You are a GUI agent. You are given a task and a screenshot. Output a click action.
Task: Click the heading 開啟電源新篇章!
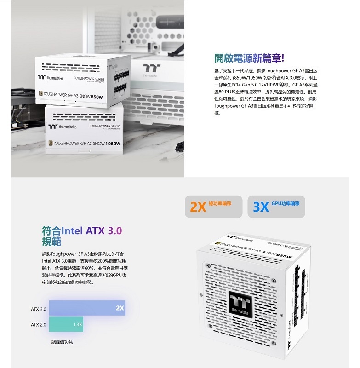pyautogui.click(x=250, y=58)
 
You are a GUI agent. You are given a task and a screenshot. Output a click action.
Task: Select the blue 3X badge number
pyautogui.click(x=261, y=207)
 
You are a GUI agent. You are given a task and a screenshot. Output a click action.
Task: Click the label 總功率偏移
pyautogui.click(x=220, y=203)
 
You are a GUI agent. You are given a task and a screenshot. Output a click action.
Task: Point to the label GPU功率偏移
pyautogui.click(x=286, y=203)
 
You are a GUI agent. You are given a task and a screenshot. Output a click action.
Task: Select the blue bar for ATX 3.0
pyautogui.click(x=87, y=308)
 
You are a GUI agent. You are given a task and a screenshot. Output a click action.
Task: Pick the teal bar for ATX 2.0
pyautogui.click(x=66, y=324)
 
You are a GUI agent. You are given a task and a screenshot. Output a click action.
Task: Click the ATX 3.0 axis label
pyautogui.click(x=39, y=309)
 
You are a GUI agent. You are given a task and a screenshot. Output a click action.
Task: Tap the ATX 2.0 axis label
pyautogui.click(x=39, y=325)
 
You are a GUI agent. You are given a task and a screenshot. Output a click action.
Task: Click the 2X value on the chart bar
pyautogui.click(x=120, y=308)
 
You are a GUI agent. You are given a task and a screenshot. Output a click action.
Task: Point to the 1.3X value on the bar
pyautogui.click(x=77, y=325)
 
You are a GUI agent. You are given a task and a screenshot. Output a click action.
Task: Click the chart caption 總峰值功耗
pyautogui.click(x=62, y=342)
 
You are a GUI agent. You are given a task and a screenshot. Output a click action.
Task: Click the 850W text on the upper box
pyautogui.click(x=97, y=97)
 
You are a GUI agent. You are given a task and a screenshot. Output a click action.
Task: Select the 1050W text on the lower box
pyautogui.click(x=113, y=144)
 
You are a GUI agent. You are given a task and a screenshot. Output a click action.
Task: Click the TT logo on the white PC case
pyautogui.click(x=151, y=68)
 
